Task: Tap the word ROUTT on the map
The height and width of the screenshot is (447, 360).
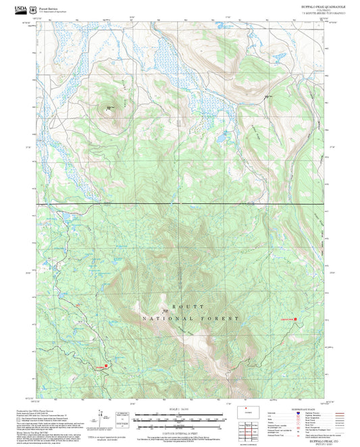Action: coord(179,306)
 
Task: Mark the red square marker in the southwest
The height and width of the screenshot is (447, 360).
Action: coord(106,367)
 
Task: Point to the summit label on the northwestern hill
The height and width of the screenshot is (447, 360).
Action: coord(110,106)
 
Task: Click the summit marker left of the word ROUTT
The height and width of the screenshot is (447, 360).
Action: coord(165,311)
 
